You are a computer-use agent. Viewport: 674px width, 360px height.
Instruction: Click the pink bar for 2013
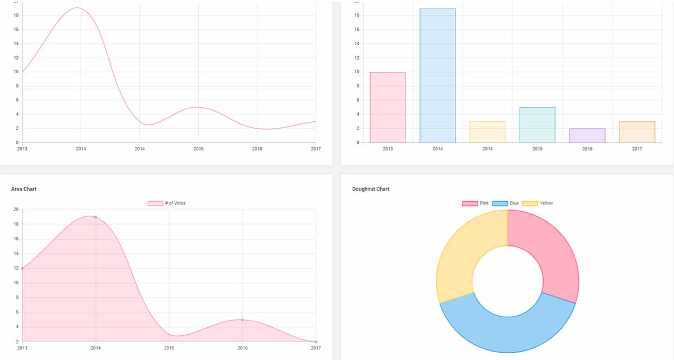click(x=388, y=107)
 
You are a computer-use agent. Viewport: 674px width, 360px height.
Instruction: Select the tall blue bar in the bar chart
click(x=438, y=75)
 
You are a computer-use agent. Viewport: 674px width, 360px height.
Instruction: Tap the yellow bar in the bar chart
click(x=488, y=132)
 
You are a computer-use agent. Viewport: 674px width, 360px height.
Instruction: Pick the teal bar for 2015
click(x=537, y=125)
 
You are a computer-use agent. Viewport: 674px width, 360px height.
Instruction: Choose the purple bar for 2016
click(x=587, y=135)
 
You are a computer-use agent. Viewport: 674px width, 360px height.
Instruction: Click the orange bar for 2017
click(x=637, y=132)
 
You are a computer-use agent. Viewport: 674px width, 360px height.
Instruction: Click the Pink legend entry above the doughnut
click(x=475, y=203)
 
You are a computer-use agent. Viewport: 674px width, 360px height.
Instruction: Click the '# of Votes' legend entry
click(x=166, y=203)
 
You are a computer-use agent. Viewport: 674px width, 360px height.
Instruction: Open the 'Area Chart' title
click(x=24, y=189)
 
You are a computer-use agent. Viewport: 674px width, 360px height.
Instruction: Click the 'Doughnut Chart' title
click(x=371, y=189)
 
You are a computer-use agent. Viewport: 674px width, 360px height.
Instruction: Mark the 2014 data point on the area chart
click(x=95, y=217)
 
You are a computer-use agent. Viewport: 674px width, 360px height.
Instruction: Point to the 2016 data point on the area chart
click(x=242, y=320)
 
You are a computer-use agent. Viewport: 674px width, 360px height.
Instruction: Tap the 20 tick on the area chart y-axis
click(x=16, y=209)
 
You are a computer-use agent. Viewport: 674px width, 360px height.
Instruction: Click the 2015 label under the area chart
click(x=169, y=348)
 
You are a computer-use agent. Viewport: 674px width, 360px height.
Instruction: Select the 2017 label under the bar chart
click(x=637, y=149)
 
